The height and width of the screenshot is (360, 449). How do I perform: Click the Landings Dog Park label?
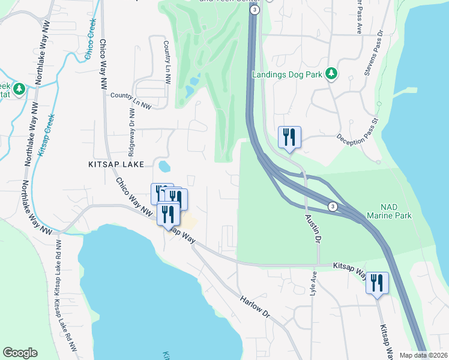[x=287, y=74]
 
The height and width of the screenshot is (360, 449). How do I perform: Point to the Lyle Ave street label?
[x=313, y=283]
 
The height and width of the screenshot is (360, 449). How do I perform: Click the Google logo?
[x=20, y=353]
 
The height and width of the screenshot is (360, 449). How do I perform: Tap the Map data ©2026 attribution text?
[x=423, y=355]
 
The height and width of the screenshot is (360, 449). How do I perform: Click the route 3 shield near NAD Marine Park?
[x=333, y=206]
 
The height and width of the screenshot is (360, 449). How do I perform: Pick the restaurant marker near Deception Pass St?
[x=289, y=137]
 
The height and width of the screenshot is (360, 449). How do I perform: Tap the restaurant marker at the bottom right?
[x=377, y=283]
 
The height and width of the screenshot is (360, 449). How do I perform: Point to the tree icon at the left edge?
[x=19, y=89]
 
